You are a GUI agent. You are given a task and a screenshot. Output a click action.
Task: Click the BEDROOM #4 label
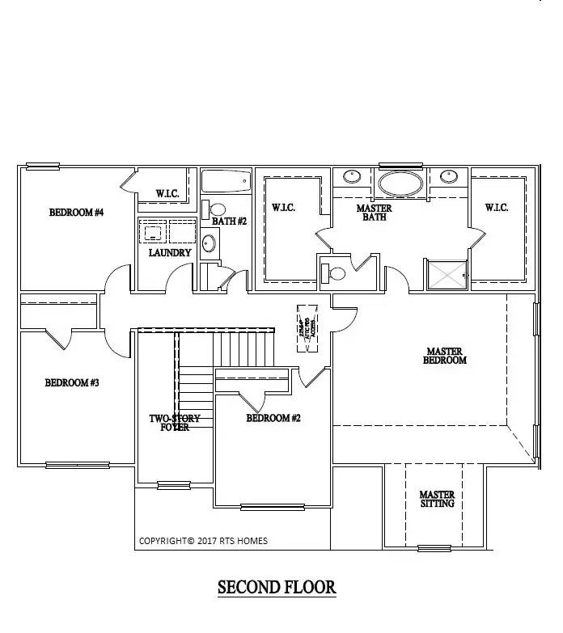[76, 213]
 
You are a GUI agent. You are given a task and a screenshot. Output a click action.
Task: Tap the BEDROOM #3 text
[71, 382]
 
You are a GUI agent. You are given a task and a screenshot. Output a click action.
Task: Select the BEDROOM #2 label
[273, 418]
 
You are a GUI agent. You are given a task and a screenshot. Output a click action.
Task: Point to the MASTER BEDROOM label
[445, 356]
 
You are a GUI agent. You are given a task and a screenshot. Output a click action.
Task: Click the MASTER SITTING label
[436, 499]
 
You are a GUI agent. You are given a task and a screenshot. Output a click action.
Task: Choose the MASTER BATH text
[374, 213]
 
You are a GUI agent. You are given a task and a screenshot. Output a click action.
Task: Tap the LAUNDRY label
[170, 252]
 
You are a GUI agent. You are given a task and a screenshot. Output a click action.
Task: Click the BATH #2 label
[229, 221]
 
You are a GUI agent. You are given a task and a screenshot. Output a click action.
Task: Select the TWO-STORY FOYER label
[174, 422]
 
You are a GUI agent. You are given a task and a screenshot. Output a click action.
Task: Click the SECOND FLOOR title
[277, 587]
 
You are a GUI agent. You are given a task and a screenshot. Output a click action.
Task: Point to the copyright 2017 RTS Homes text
[203, 541]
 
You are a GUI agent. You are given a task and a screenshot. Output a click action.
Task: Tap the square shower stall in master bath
[447, 275]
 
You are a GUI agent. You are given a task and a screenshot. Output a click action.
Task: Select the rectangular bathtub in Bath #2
[226, 181]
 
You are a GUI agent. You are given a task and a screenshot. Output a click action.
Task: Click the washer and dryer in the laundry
[167, 231]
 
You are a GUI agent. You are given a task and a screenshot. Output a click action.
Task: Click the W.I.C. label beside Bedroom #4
[168, 194]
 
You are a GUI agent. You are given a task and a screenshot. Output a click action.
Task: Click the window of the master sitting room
[434, 548]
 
